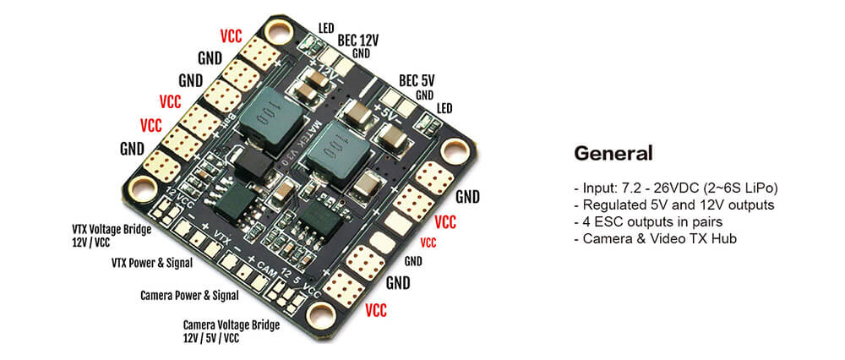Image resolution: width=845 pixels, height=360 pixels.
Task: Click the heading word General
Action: point(613,153)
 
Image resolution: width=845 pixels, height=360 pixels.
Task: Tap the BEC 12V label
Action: point(358,39)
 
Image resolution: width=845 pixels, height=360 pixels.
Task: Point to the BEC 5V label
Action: point(417,80)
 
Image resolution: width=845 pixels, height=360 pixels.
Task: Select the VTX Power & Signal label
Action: point(152,263)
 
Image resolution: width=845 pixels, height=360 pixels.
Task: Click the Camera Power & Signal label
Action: point(188,295)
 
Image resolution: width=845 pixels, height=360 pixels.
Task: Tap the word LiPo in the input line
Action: point(758,187)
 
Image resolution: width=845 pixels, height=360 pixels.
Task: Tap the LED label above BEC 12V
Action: point(326,27)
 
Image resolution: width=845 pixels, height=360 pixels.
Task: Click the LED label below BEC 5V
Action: point(444,108)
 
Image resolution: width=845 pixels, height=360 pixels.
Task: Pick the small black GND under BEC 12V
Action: point(362,52)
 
